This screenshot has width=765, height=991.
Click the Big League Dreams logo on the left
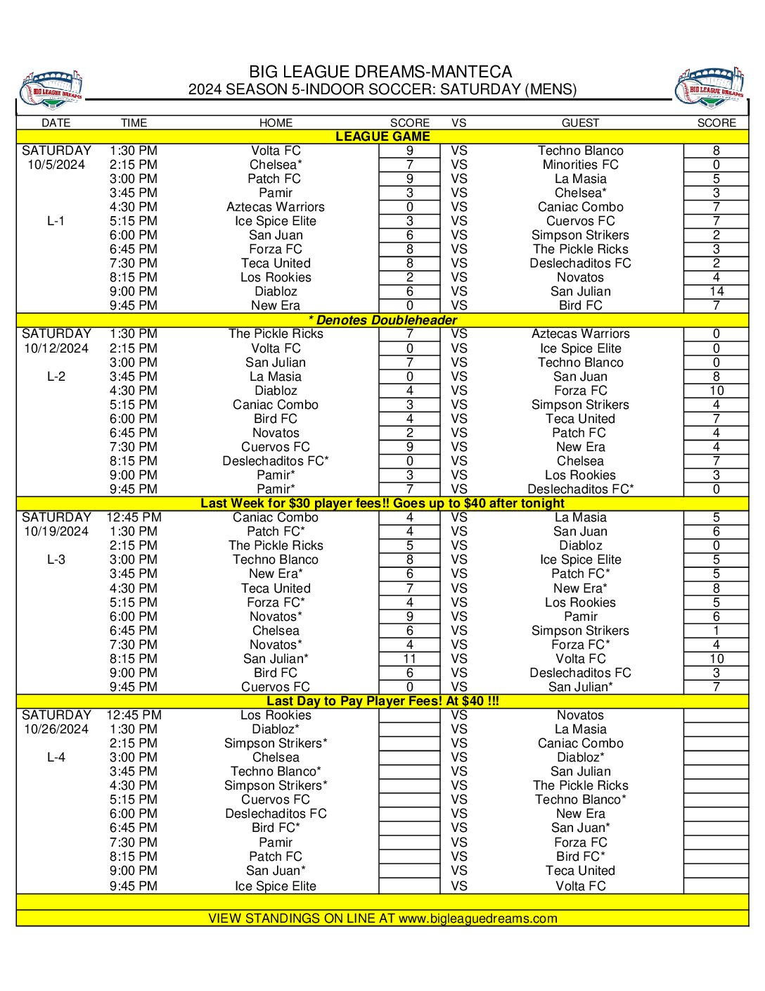[x=52, y=89]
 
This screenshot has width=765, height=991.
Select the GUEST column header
[x=580, y=122]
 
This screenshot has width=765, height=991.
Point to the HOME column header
[x=276, y=122]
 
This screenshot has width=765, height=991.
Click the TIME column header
[x=134, y=122]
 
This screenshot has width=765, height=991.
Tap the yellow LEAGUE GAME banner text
[x=382, y=137]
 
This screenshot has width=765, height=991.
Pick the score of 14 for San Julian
[x=716, y=291]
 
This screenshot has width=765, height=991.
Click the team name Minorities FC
[x=580, y=165]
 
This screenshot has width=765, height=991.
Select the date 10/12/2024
[x=56, y=348]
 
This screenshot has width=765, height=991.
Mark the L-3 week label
[x=56, y=560]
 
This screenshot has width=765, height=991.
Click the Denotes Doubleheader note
[x=382, y=320]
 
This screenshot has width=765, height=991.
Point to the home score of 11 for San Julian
[x=409, y=659]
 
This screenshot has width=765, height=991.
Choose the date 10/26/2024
[x=56, y=729]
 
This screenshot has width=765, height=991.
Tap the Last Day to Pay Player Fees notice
[x=382, y=701]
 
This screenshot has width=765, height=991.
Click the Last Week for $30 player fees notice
[x=382, y=503]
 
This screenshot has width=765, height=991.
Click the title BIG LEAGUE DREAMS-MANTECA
[x=380, y=72]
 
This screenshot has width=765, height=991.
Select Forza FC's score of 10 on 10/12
[x=716, y=391]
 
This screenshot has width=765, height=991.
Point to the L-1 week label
[x=56, y=221]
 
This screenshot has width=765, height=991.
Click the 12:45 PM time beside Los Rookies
[x=134, y=715]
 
